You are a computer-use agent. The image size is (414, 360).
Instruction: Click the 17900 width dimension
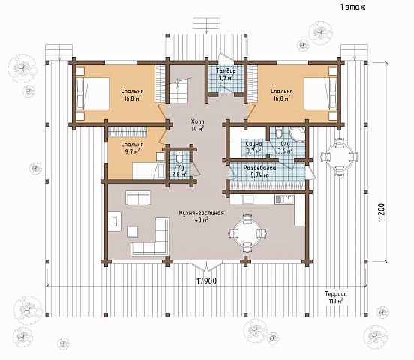pos(207,280)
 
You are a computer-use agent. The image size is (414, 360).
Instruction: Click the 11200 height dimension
pos(382,212)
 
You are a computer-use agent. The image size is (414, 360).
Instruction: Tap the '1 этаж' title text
pos(352,7)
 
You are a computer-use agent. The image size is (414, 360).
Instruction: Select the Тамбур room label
pos(226,71)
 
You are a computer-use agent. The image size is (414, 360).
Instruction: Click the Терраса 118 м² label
pos(336,298)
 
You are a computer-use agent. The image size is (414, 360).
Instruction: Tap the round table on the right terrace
pos(339,157)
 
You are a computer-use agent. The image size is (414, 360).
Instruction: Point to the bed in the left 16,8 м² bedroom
pos(93,93)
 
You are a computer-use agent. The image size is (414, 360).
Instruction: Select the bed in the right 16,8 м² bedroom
pos(320,93)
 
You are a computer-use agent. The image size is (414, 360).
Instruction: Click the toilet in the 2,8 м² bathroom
pos(179,157)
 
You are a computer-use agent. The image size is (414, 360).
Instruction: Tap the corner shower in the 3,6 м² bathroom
pos(298,135)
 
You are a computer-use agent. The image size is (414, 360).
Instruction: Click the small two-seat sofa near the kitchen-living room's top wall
pos(138,198)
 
